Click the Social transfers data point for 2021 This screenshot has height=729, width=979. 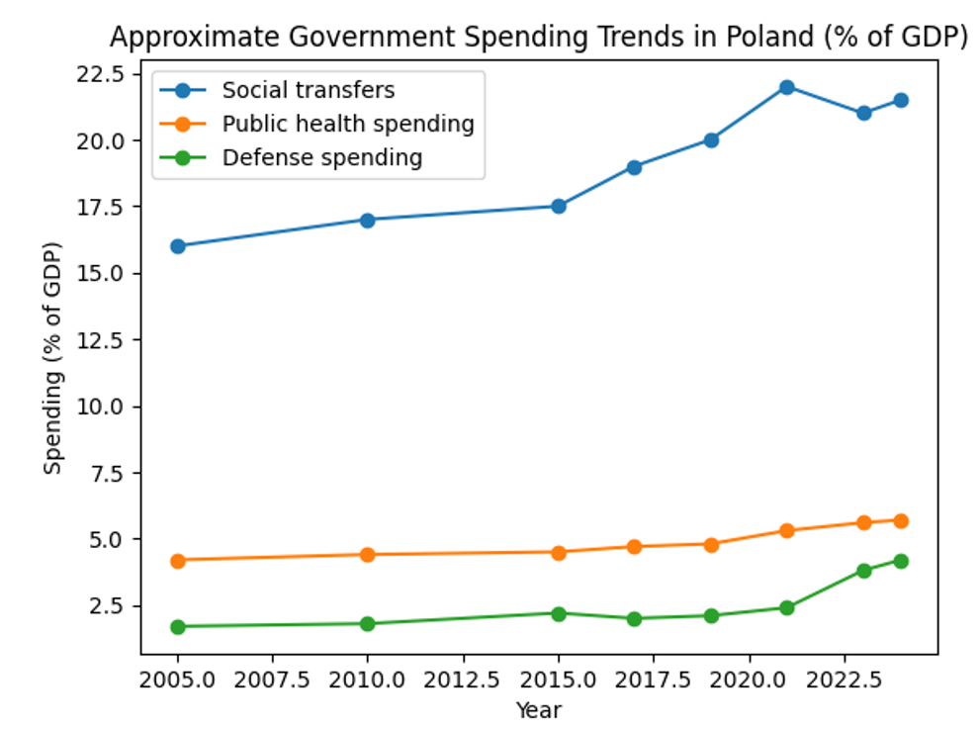coord(787,87)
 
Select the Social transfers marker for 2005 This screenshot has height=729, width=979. coord(178,246)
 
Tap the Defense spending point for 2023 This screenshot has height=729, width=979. coord(864,571)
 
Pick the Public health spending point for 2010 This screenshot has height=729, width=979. coord(368,554)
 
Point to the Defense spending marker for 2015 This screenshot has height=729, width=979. coord(559,613)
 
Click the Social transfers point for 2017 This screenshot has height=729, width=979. coord(634,167)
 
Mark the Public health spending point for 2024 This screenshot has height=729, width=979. coord(901,520)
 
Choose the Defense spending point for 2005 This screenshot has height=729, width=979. coord(178,626)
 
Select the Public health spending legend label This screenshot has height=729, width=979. coord(348,124)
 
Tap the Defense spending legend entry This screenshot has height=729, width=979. coord(322,157)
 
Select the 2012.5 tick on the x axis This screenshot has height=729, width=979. coord(463,679)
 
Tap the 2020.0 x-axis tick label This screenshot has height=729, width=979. coord(749,679)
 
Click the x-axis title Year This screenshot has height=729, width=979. coord(539,709)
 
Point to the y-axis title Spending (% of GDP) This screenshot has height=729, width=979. coord(53,358)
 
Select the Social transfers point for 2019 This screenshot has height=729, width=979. coord(711,139)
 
